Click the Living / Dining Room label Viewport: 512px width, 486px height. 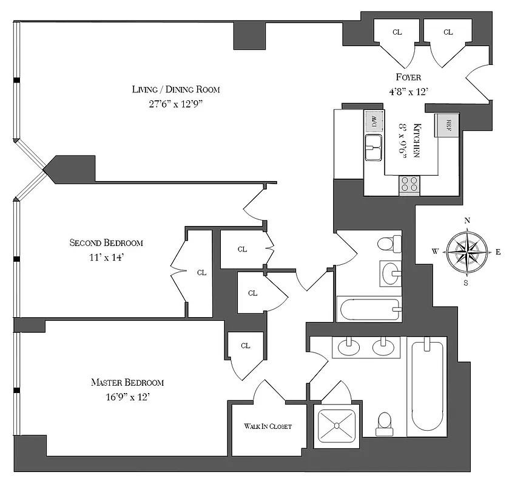[x=176, y=89]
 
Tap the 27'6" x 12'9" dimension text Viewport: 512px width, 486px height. [x=176, y=104]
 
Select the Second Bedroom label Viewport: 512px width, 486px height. [x=106, y=243]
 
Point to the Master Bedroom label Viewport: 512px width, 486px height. [x=127, y=383]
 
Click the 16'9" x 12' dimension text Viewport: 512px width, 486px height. [x=127, y=397]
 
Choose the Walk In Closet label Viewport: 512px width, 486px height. [x=268, y=426]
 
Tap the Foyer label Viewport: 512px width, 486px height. [x=408, y=77]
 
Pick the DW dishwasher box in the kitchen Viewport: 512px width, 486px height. [x=374, y=122]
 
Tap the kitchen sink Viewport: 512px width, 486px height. [x=373, y=147]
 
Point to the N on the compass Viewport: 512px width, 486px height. [x=467, y=221]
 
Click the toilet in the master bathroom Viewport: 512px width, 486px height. [x=384, y=423]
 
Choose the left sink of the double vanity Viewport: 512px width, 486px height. [x=349, y=347]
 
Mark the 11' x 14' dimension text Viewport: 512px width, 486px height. [x=106, y=257]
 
